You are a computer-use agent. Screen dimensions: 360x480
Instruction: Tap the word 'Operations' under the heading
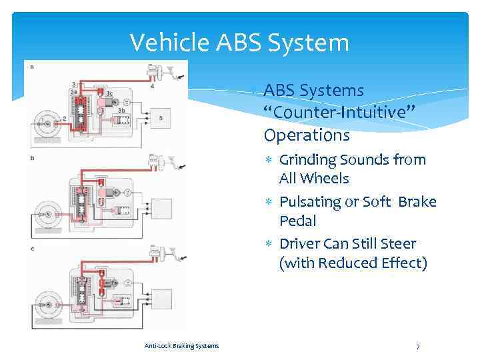coord(307,135)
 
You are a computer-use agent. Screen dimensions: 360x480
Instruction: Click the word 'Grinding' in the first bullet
coord(309,160)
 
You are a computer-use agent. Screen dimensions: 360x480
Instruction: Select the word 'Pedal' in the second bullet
coord(297,221)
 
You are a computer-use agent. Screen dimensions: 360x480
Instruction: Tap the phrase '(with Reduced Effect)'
coord(353,263)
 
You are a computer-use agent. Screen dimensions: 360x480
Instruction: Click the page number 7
coord(417,347)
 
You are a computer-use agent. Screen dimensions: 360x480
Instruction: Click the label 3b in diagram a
coord(123,110)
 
